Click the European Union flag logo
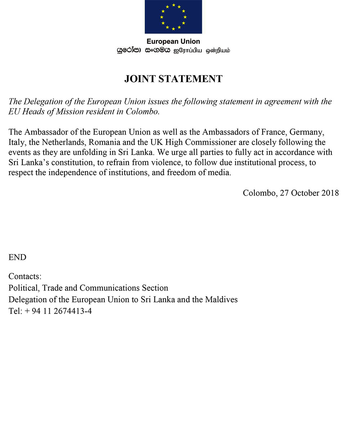[x=173, y=17]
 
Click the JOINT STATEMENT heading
[x=173, y=79]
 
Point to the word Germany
[x=310, y=132]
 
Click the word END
[x=17, y=257]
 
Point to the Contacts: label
[x=25, y=277]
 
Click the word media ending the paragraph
[x=219, y=172]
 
